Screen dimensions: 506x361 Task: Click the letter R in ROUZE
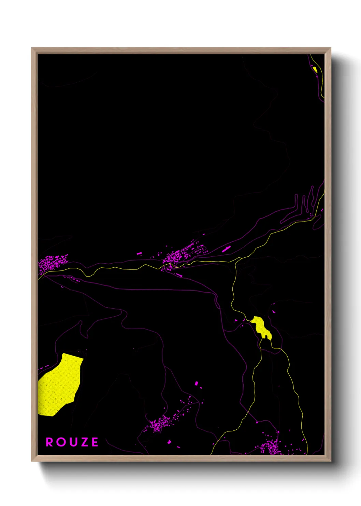(49, 442)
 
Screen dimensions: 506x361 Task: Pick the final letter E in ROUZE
(95, 442)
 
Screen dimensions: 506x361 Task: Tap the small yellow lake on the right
(261, 327)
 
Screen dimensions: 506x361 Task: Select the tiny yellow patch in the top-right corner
(315, 69)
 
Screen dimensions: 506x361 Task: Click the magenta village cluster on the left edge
(51, 263)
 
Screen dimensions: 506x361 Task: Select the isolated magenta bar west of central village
(139, 253)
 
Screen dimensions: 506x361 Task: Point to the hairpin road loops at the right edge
(304, 203)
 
